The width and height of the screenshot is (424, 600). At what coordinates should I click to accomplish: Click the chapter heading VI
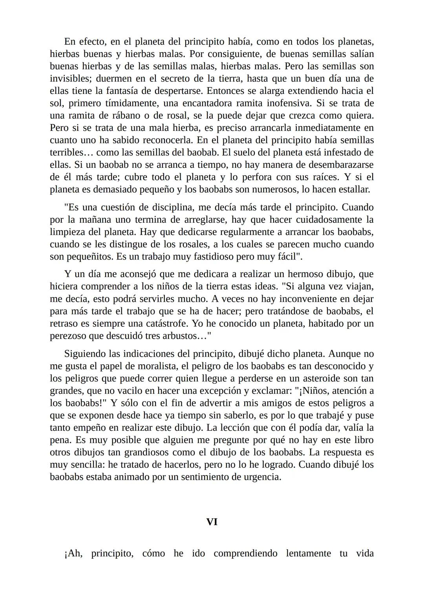[x=212, y=522]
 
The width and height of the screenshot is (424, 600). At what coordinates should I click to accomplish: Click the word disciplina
[x=172, y=207]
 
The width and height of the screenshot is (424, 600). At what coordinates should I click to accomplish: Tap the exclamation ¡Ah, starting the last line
[x=73, y=554]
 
